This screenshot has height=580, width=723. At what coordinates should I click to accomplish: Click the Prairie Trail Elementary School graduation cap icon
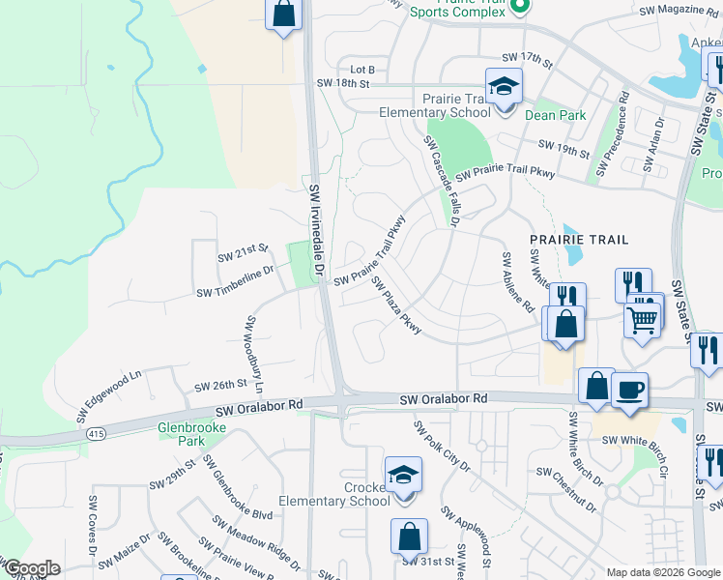[x=504, y=87]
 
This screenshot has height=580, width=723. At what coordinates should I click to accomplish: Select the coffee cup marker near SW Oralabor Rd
[x=629, y=390]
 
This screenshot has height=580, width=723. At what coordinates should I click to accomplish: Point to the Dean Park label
[x=555, y=115]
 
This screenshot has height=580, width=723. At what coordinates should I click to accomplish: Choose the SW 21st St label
[x=242, y=254]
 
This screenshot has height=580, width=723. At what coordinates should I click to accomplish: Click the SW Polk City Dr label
[x=441, y=447]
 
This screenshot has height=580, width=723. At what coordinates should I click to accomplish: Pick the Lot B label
[x=361, y=70]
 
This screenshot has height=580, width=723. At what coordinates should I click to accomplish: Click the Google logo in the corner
[x=31, y=568]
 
